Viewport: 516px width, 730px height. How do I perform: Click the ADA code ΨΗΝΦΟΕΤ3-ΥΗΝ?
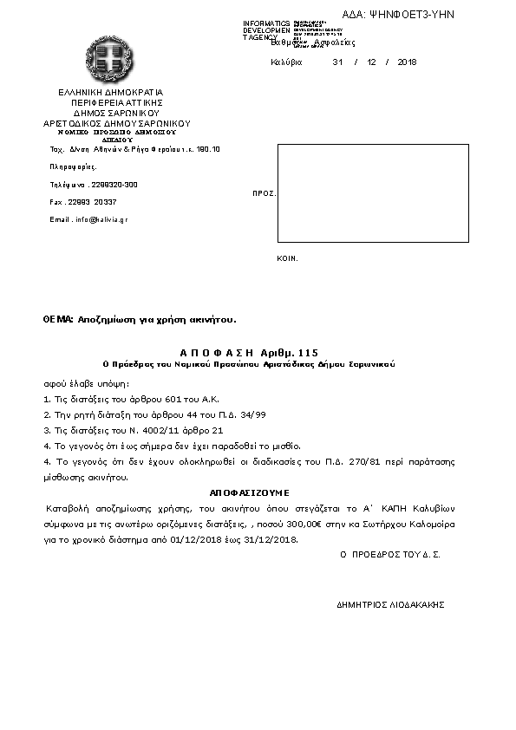[x=410, y=15]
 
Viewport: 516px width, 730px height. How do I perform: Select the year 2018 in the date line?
[x=407, y=62]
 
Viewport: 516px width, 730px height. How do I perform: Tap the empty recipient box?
[x=373, y=193]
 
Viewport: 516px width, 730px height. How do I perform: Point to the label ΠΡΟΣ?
[x=264, y=193]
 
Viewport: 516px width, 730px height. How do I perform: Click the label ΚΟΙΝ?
[x=287, y=258]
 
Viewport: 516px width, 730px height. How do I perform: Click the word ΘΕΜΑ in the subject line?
[x=58, y=319]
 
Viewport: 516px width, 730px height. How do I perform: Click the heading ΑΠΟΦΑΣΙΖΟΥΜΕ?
[x=249, y=492]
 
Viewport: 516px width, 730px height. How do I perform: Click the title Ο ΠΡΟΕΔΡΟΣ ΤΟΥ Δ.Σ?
[x=389, y=553]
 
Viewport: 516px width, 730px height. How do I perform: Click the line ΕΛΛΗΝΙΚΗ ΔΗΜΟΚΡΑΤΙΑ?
[x=110, y=92]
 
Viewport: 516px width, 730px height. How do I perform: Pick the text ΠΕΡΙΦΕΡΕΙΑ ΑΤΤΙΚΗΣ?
[x=111, y=102]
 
